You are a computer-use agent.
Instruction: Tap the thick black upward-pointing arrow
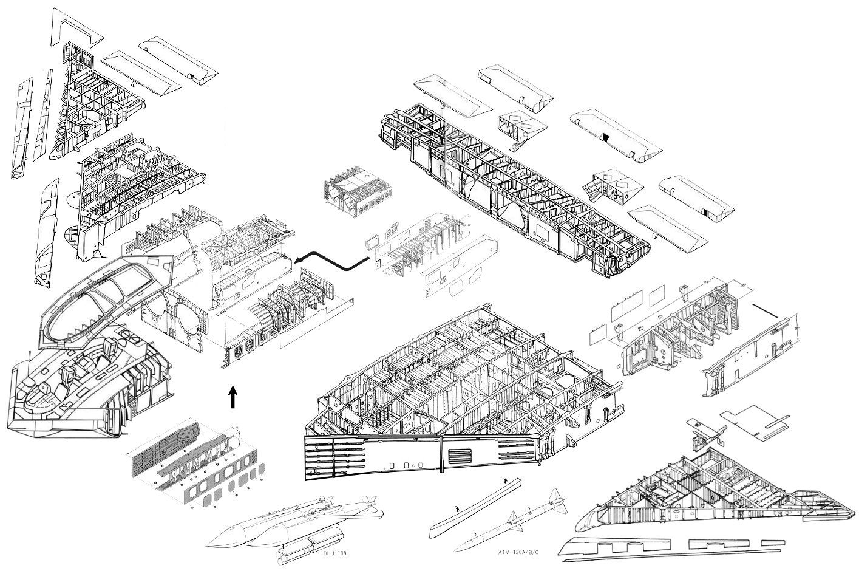(x=233, y=398)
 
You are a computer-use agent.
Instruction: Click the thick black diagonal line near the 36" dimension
(x=767, y=309)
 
